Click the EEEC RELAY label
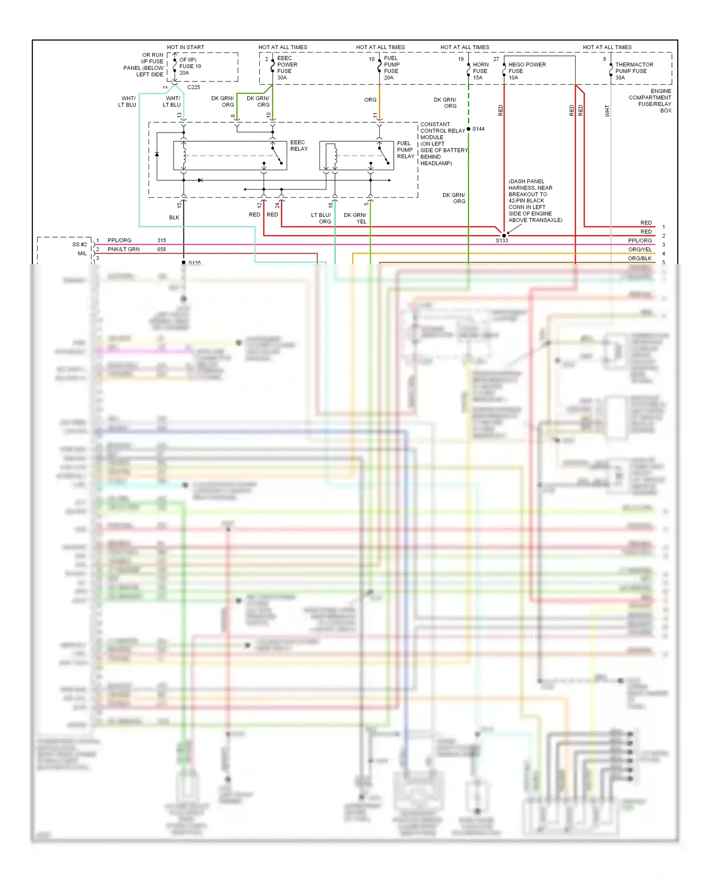coord(299,146)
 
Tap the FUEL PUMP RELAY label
coord(405,150)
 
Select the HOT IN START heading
coord(186,47)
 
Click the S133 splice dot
coord(504,236)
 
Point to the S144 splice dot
coord(469,129)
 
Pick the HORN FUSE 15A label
coord(480,71)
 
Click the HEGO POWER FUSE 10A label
coord(527,71)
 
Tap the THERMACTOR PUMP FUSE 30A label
coord(634,71)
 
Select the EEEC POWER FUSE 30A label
coord(287,68)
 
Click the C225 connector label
coord(194,87)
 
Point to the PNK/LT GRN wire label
coord(123,249)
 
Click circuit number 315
coord(161,240)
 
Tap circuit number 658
coord(161,249)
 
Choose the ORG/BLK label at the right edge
coord(640,258)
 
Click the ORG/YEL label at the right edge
coord(640,249)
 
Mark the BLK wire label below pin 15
coord(174,217)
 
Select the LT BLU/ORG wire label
coord(321,218)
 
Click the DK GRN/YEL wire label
coord(355,218)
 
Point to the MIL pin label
coord(82,254)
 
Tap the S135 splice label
coord(195,263)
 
